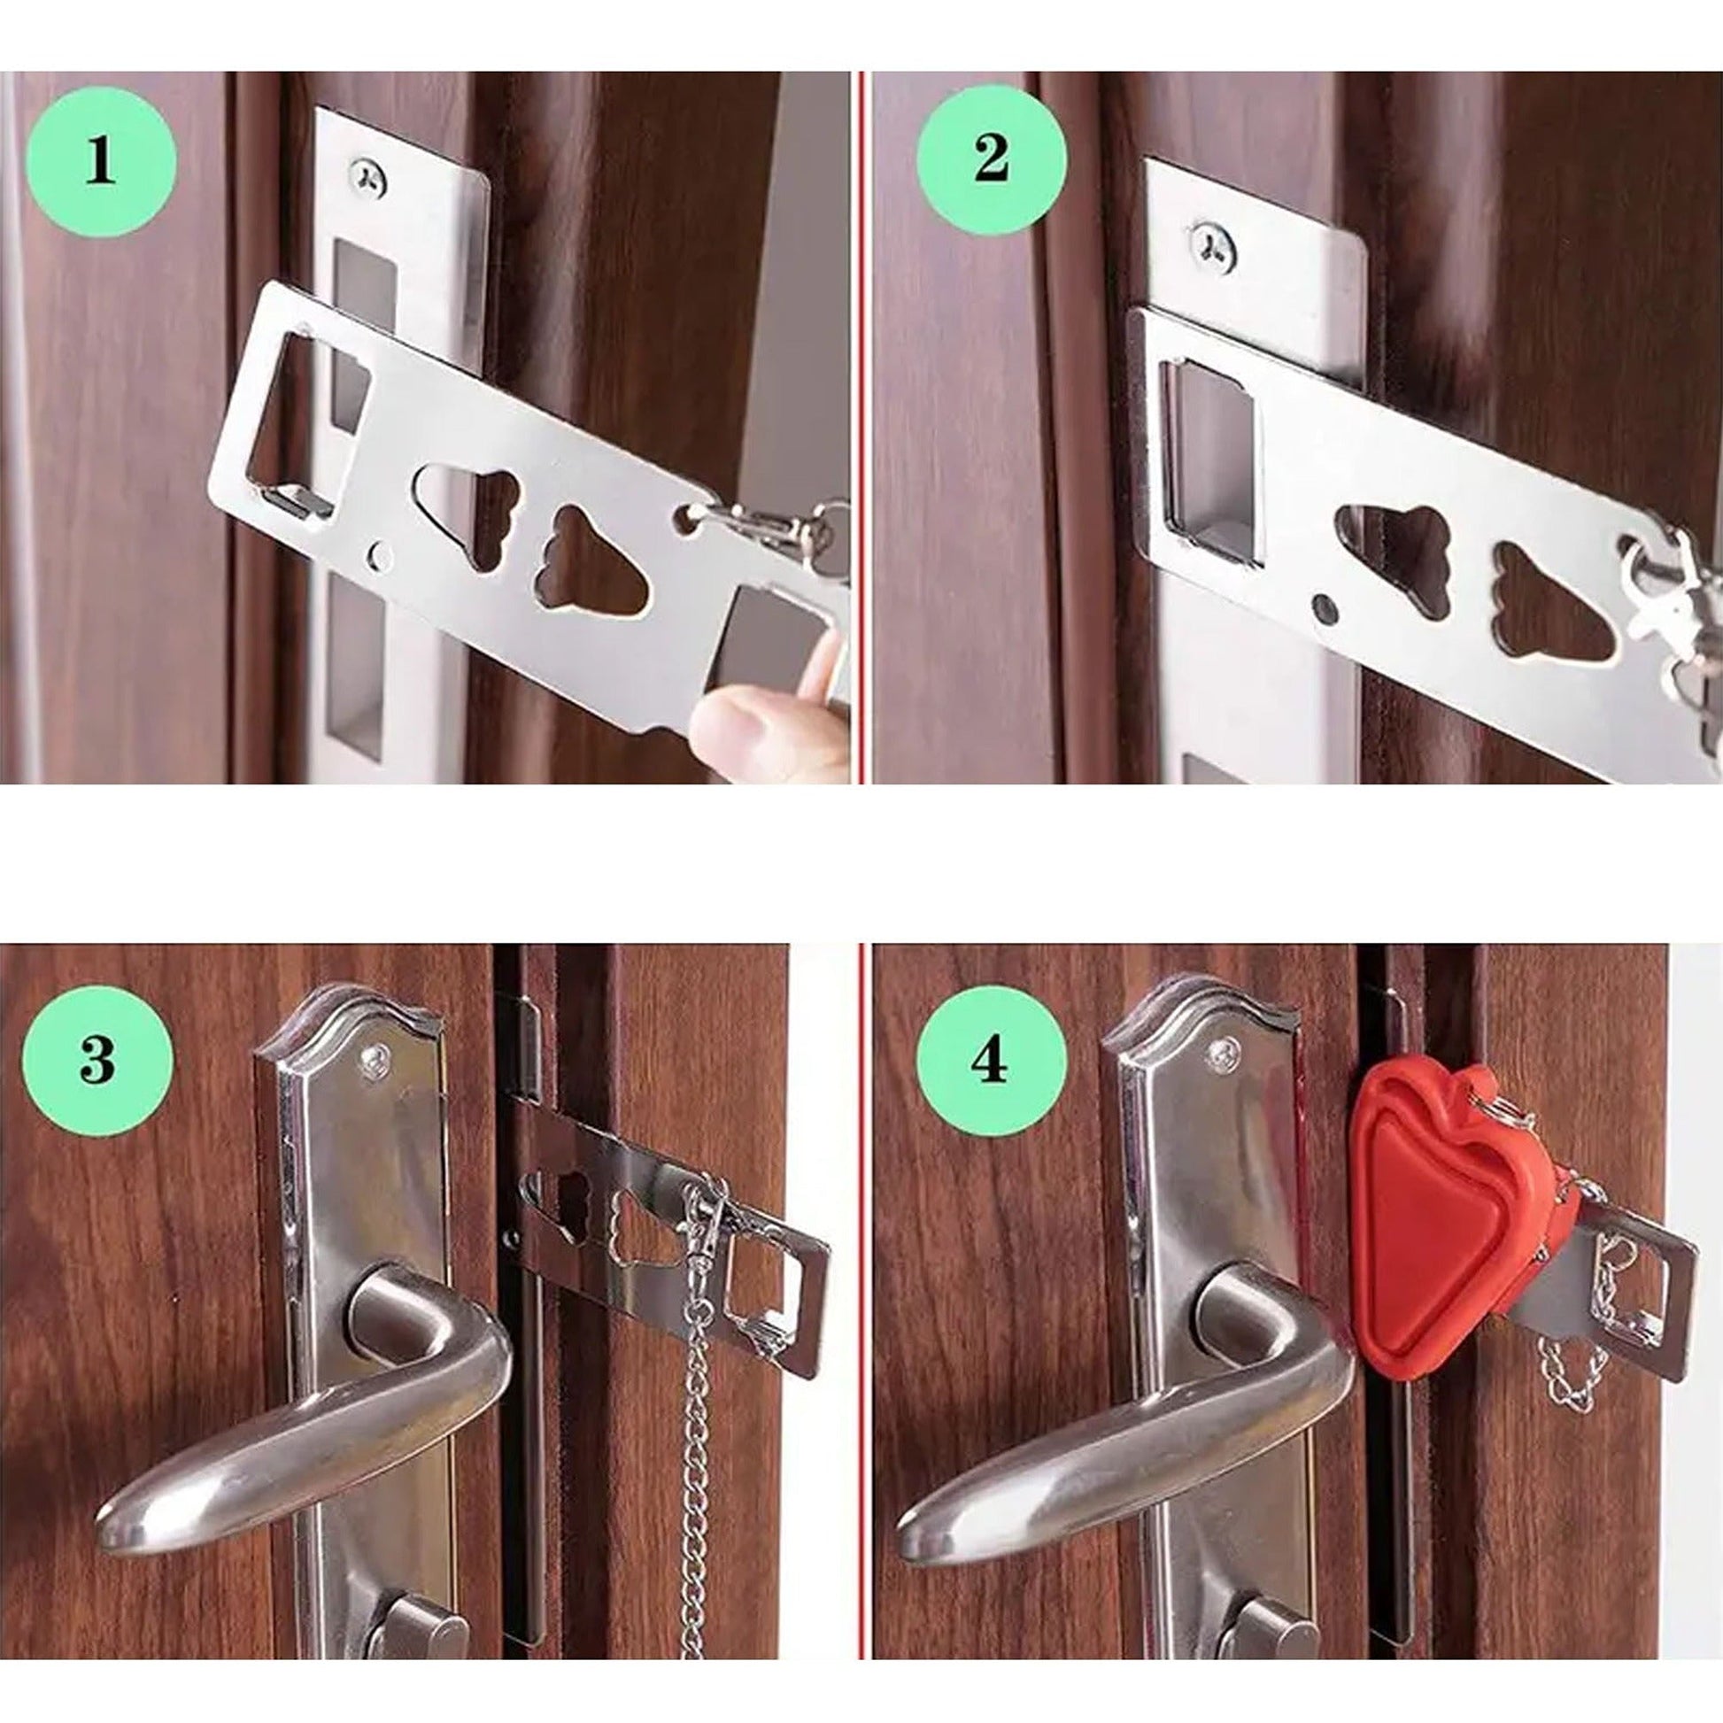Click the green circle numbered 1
[x=100, y=163]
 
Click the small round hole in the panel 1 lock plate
[x=382, y=556]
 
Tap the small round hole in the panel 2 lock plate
[x=1326, y=609]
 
